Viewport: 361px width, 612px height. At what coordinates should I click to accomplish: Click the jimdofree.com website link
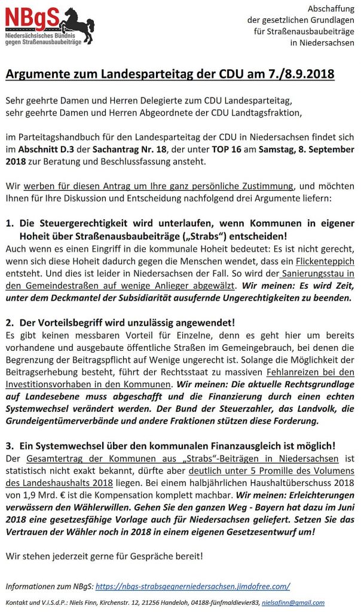click(x=192, y=586)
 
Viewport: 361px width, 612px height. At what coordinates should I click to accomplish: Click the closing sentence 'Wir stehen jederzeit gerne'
click(x=105, y=555)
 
